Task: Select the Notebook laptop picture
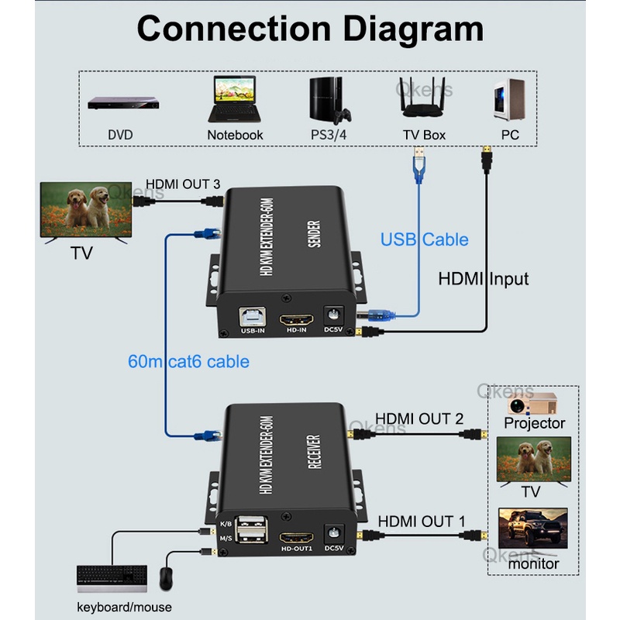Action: point(235,99)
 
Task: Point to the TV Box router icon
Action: point(424,99)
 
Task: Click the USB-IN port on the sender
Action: point(253,319)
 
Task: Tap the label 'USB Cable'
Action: point(424,239)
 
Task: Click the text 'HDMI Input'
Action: point(484,278)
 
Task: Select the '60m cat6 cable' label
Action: point(189,361)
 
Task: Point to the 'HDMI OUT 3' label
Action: point(184,184)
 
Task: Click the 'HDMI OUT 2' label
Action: point(419,419)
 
